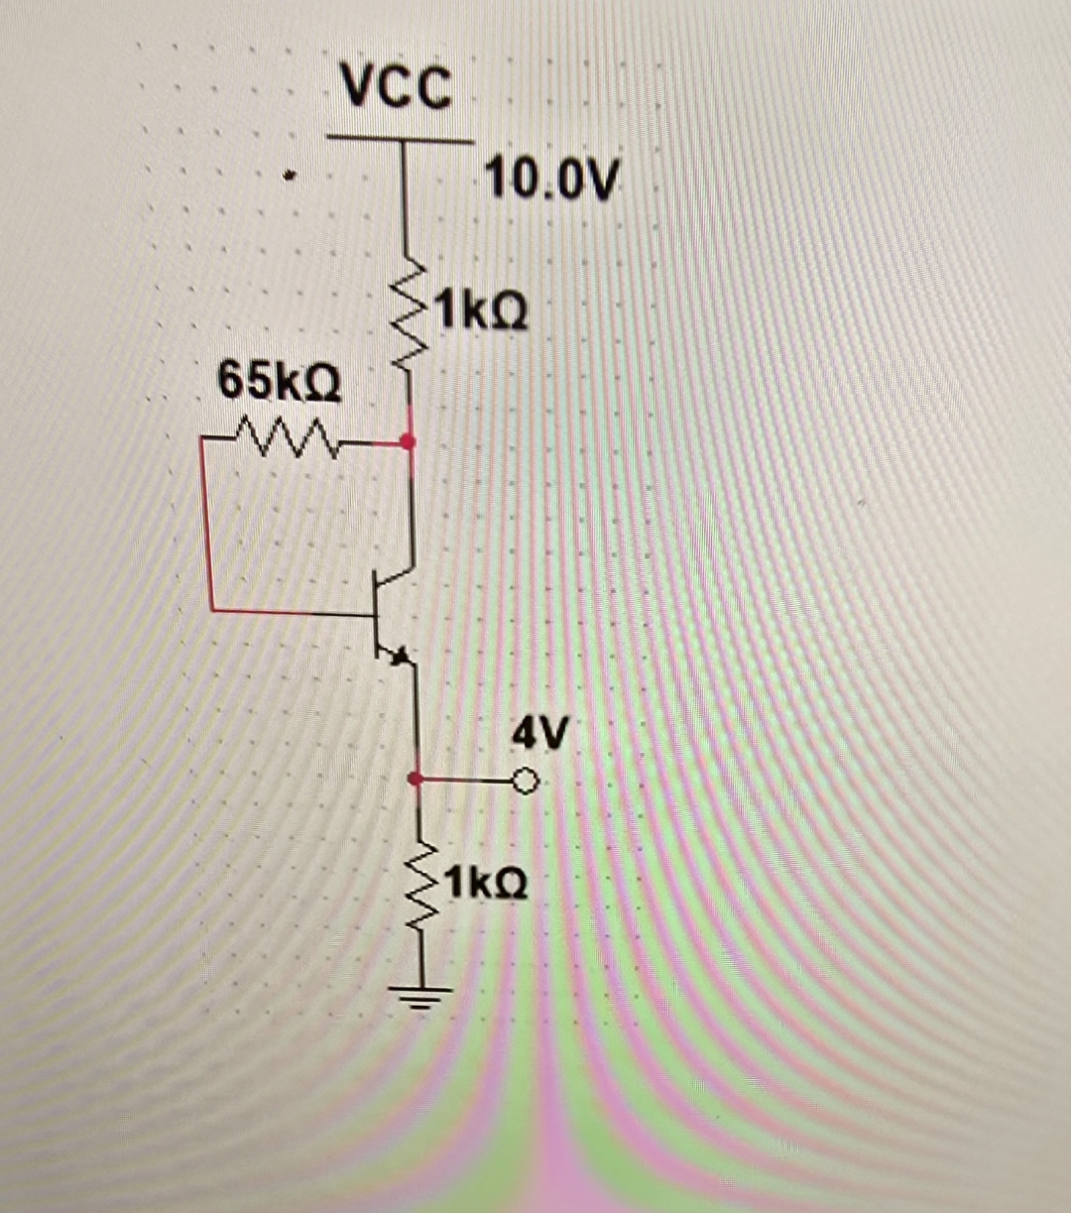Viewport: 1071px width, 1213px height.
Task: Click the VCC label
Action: [x=396, y=86]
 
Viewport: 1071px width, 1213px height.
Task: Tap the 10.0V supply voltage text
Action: [x=552, y=181]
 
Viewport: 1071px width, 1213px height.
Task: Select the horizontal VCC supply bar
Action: [x=401, y=140]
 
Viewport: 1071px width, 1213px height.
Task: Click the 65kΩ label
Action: [x=280, y=382]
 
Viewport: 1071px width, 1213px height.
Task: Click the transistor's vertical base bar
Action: [x=375, y=615]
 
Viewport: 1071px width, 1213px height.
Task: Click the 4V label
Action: [x=540, y=735]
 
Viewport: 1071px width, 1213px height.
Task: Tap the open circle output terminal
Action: [x=527, y=784]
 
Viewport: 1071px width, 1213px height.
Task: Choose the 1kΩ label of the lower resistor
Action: [x=486, y=883]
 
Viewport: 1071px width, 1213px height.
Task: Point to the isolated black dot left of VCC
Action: [x=289, y=179]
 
